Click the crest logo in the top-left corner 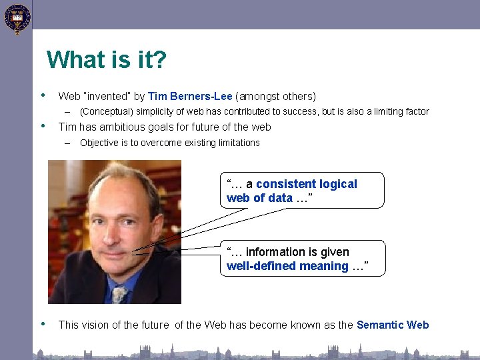16,19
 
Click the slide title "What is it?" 107,60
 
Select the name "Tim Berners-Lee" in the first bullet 190,96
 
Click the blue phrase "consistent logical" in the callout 306,184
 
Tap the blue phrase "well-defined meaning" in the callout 287,266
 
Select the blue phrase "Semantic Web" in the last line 393,325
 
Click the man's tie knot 120,291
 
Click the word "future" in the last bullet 155,325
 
